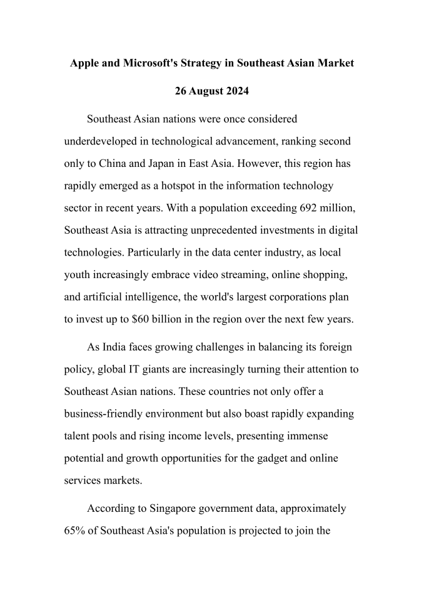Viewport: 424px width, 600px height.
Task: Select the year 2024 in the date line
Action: (236, 91)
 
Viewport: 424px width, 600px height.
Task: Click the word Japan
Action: (160, 164)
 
